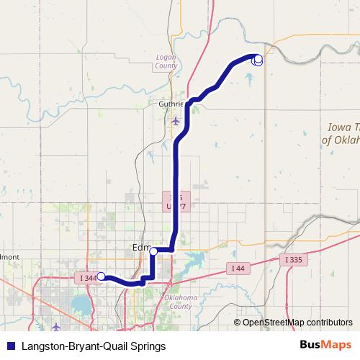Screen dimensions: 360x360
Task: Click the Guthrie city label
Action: pyautogui.click(x=171, y=104)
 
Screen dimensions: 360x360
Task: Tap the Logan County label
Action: pyautogui.click(x=166, y=60)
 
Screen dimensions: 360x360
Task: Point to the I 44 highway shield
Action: pyautogui.click(x=238, y=268)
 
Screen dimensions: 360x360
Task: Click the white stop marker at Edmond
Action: pyautogui.click(x=153, y=251)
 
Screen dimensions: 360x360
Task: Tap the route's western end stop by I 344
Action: pyautogui.click(x=102, y=276)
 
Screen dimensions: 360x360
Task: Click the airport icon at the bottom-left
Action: pyautogui.click(x=56, y=328)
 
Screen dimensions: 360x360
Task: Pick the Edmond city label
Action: pyautogui.click(x=141, y=248)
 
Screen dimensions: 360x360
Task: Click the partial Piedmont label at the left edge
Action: pyautogui.click(x=9, y=256)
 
